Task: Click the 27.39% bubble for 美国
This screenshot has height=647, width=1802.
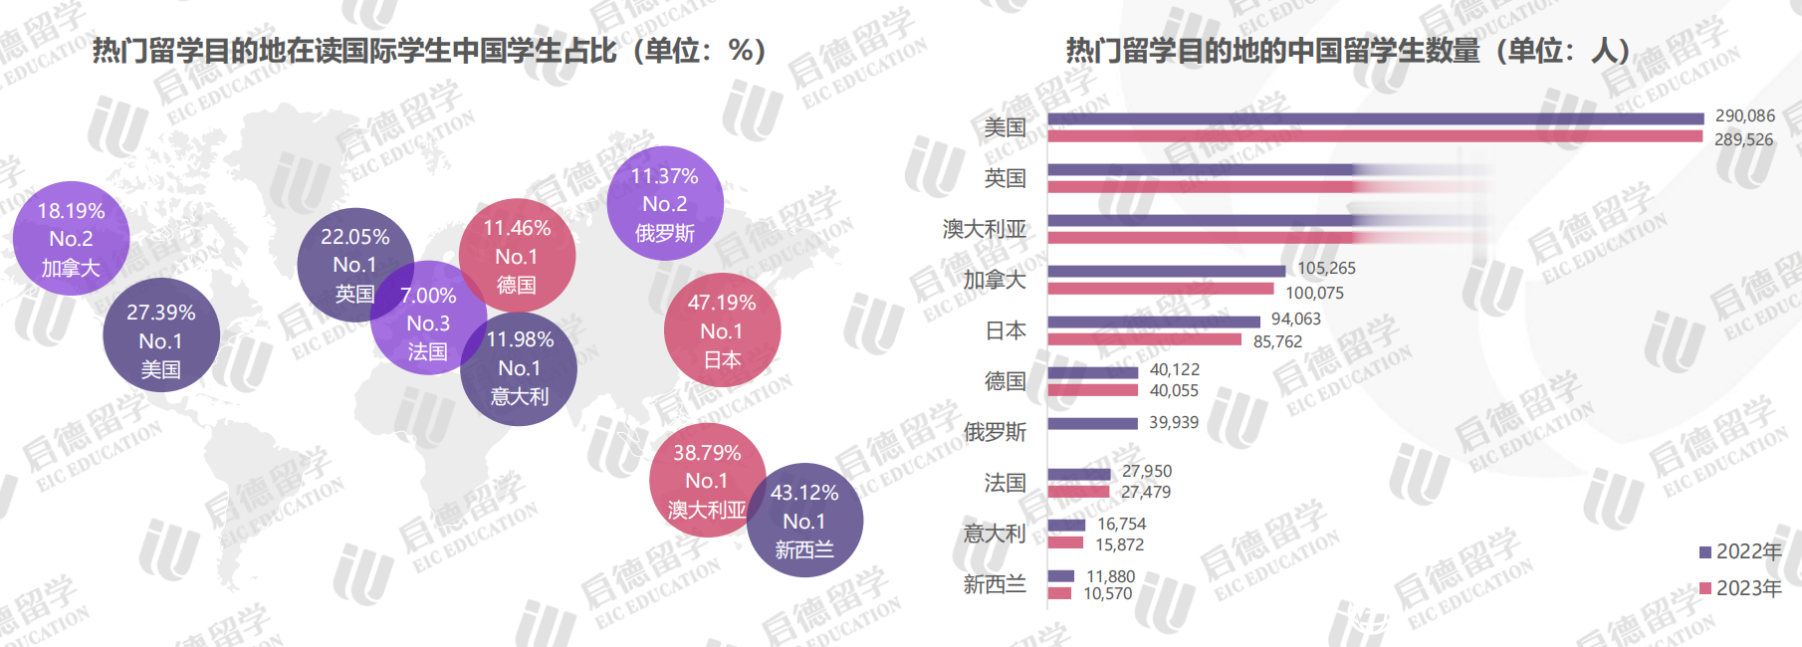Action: click(160, 340)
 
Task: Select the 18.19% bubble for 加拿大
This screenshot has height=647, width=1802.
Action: click(71, 239)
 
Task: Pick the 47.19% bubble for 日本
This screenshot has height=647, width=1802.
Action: click(722, 330)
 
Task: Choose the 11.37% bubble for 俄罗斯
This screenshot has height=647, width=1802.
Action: click(665, 203)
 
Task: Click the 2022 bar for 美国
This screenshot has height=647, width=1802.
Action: click(1375, 118)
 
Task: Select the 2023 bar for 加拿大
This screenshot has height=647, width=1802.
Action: click(1160, 290)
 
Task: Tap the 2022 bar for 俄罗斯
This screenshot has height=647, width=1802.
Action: click(1092, 423)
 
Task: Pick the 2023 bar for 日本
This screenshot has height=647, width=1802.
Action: click(1144, 340)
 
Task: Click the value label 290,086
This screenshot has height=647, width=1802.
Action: click(1744, 116)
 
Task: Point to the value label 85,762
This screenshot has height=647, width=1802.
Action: click(1277, 341)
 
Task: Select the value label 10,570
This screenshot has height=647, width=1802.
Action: click(1107, 594)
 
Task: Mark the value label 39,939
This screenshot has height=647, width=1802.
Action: click(1174, 423)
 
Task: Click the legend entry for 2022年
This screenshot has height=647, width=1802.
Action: click(1739, 551)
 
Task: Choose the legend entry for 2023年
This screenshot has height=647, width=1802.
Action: click(1739, 588)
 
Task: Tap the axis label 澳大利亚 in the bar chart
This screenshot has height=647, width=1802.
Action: click(984, 229)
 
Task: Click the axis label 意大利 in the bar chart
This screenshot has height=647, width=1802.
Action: click(994, 534)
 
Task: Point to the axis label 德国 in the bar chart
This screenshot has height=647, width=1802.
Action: click(1005, 381)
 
